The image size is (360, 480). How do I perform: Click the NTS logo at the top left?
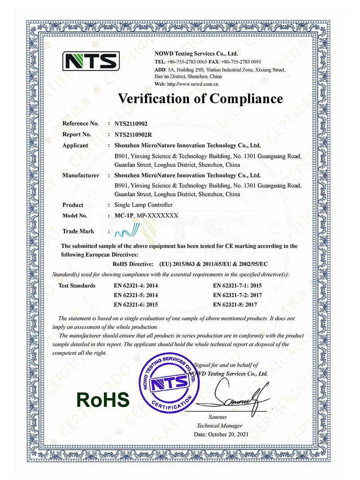(x=91, y=61)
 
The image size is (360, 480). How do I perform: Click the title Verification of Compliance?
(x=200, y=98)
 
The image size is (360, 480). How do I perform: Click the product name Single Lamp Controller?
(x=144, y=205)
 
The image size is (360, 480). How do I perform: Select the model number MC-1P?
(x=124, y=216)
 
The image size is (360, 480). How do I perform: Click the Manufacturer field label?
(x=81, y=175)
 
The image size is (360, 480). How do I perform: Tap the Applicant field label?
(x=75, y=146)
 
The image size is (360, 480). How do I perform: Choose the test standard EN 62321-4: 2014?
(x=136, y=286)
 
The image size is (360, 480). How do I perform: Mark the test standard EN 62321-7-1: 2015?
(x=238, y=286)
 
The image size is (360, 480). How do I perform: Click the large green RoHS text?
(x=103, y=400)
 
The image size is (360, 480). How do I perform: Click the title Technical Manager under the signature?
(x=220, y=426)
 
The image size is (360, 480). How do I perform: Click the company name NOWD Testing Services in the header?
(x=196, y=54)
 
